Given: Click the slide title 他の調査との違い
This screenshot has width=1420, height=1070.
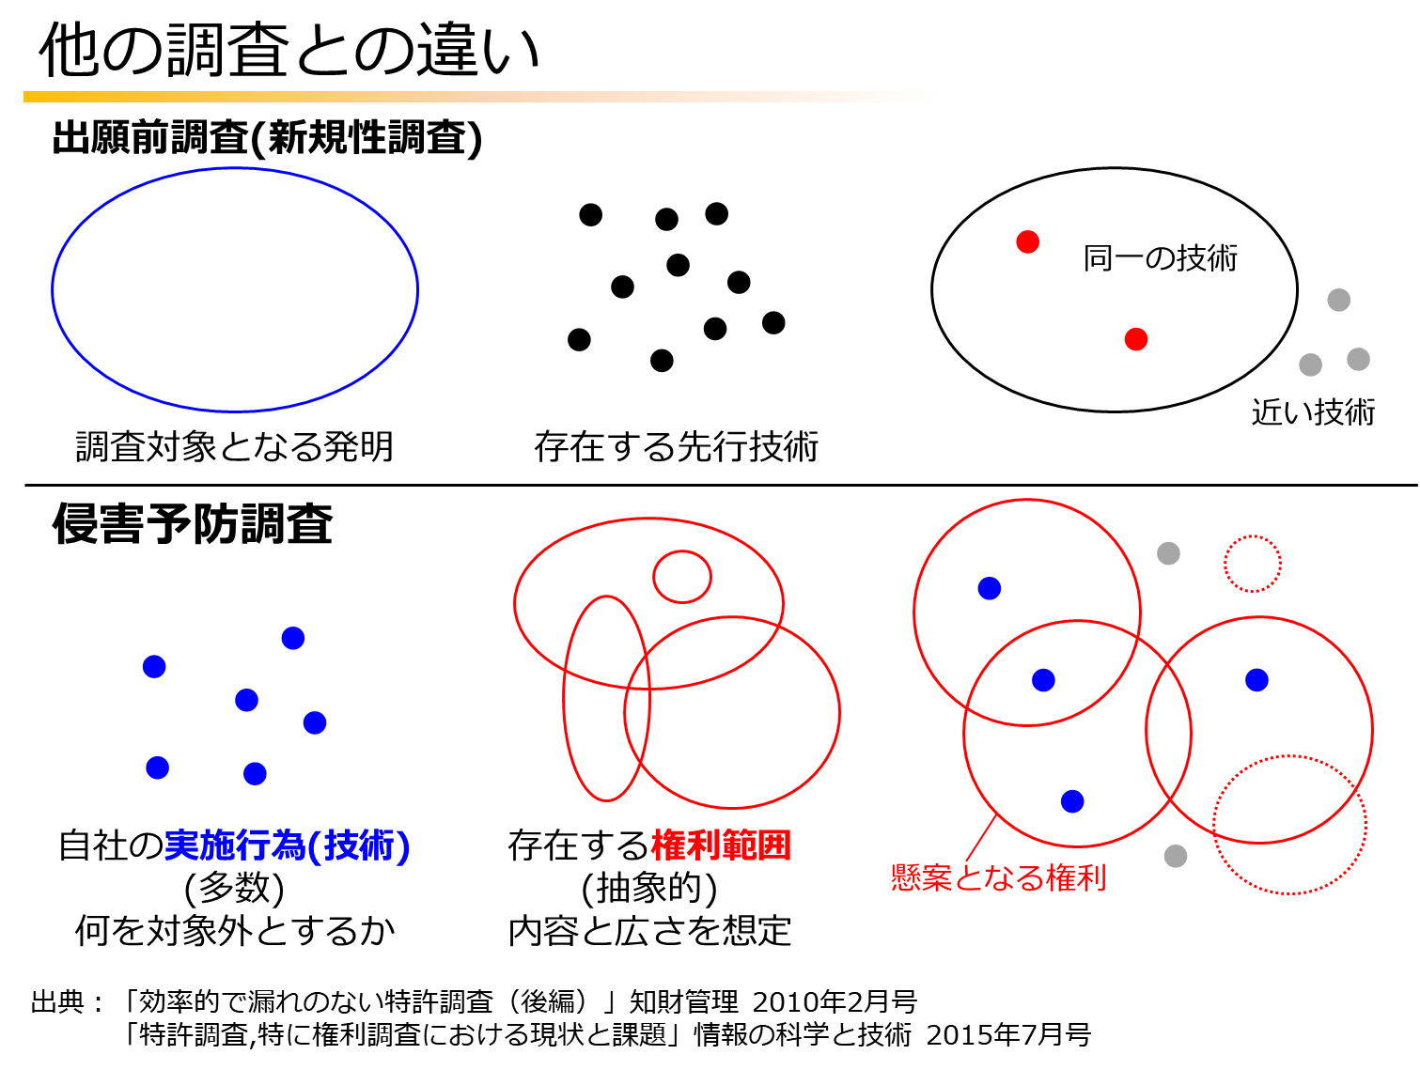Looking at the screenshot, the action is pos(289,51).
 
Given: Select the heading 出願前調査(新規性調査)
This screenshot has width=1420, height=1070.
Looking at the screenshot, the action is pos(267,138).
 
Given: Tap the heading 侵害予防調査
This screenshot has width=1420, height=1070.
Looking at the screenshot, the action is pos(192,523).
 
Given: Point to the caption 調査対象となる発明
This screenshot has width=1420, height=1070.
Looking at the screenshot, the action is pos(234,446).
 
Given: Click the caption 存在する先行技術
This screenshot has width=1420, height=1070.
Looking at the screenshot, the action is pos(676,446).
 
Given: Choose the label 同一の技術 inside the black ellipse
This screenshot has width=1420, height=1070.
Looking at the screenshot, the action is pos(1160,258).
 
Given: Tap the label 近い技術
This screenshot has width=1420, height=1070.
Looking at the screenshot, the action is pos(1312,411).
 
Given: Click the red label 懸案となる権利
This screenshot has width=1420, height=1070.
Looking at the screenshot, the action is pos(998,877).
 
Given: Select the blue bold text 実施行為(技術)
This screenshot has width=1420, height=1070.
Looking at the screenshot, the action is pos(287,845).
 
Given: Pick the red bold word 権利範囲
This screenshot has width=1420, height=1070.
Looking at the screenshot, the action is pos(720,845).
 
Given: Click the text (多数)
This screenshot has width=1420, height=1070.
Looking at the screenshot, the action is pos(234,888).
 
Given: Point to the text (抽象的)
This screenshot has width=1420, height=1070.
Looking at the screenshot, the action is pos(648,888).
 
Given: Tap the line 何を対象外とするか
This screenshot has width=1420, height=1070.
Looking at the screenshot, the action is pos(234,931).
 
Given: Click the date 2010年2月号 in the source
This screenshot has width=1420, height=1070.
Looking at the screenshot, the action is pos(835,1001).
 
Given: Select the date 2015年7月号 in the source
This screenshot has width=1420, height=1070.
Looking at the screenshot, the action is pos(1008,1034).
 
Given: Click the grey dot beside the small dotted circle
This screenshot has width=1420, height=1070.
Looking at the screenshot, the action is pos(1168,552).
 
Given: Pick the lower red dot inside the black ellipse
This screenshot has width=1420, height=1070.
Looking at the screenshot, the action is pos(1135,339).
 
